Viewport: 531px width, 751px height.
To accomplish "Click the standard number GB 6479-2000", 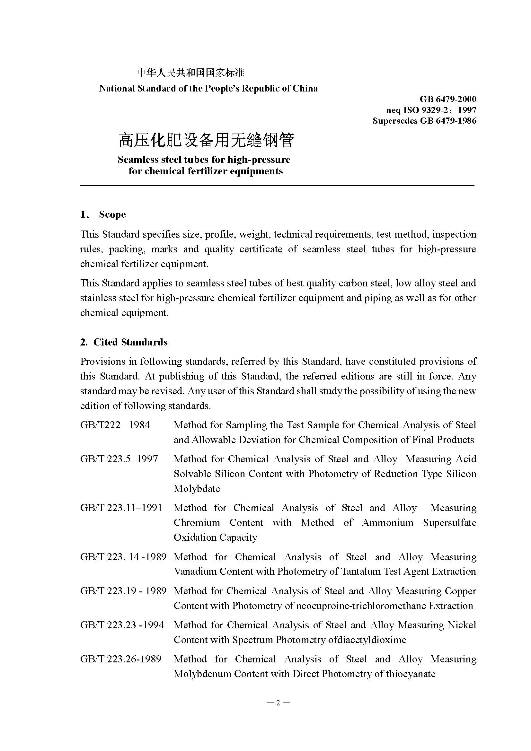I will (x=447, y=99).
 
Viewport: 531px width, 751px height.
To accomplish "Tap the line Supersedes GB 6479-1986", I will (x=424, y=121).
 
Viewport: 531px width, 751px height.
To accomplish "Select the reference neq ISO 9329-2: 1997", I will (x=431, y=110).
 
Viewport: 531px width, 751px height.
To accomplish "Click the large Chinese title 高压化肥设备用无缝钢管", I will (x=206, y=140).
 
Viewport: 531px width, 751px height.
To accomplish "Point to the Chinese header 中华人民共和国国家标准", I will (x=191, y=72).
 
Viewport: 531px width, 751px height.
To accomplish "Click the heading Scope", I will (x=112, y=214).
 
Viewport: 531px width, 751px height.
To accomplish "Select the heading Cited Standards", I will (x=130, y=342).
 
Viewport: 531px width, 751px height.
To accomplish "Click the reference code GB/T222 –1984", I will (x=115, y=425).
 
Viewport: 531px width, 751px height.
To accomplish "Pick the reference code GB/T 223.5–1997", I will (x=119, y=459).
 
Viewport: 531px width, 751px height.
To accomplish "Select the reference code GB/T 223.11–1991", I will (x=121, y=508).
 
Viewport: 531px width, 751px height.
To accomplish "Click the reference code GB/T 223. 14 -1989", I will (x=123, y=557).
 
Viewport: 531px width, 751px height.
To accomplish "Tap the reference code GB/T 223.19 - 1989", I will (x=123, y=591).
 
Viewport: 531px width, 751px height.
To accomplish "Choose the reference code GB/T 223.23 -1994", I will (x=122, y=625).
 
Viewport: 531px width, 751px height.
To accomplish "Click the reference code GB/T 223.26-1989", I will (x=121, y=659).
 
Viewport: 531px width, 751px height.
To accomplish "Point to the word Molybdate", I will (x=197, y=489).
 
